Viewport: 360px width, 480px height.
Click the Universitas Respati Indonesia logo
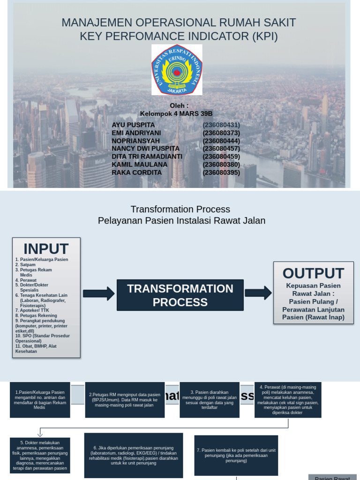(x=177, y=70)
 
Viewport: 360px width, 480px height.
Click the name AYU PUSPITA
(x=133, y=125)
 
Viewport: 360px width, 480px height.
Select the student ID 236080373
(x=221, y=133)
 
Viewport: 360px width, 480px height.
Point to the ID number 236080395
(x=221, y=172)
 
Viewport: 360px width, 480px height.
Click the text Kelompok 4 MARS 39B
(x=176, y=113)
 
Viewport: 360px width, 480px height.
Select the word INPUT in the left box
(x=46, y=248)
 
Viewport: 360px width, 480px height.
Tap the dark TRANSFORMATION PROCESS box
(x=180, y=295)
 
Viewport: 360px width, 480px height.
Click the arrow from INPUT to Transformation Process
(x=98, y=294)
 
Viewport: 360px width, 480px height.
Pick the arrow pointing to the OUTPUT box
(x=258, y=293)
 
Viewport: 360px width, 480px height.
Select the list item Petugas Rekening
(x=37, y=315)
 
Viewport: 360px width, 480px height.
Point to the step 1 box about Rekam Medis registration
(x=40, y=399)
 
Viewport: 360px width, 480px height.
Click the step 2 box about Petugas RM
(x=125, y=400)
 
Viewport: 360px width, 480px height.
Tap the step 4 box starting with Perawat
(x=288, y=400)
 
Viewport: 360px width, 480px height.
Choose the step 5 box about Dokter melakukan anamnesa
(x=40, y=455)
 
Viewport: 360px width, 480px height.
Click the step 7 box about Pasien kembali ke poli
(x=236, y=455)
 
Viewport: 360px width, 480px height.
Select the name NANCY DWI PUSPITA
(x=145, y=149)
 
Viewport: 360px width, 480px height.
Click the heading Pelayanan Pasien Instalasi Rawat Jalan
(x=181, y=220)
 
